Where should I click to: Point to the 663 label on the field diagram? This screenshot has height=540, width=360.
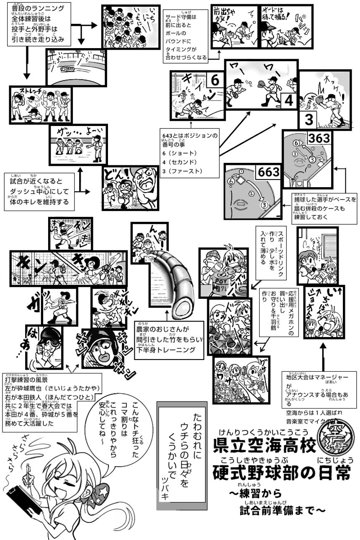pyautogui.click(x=270, y=172)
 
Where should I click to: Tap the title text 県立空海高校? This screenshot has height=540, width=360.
pyautogui.click(x=264, y=446)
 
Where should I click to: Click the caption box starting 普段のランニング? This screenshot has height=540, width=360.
pyautogui.click(x=38, y=24)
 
